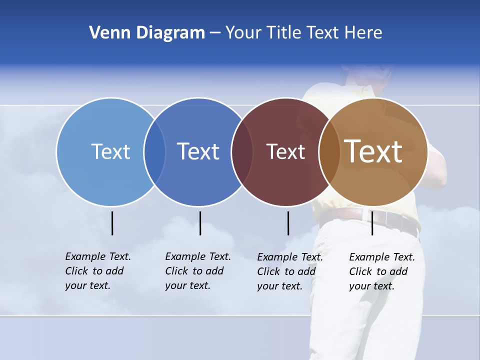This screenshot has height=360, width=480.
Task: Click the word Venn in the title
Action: (x=104, y=33)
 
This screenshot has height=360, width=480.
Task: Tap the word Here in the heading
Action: (x=363, y=33)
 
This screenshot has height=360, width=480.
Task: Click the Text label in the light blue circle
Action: (x=110, y=151)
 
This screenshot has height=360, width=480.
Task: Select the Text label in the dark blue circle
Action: (x=198, y=151)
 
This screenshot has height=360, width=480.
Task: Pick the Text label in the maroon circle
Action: (x=285, y=151)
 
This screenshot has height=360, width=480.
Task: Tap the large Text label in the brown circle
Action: (x=373, y=151)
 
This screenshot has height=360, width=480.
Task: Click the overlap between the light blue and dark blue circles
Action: (x=154, y=152)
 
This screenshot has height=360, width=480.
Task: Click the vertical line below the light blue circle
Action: (x=112, y=223)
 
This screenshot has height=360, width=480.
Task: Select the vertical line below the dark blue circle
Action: (x=200, y=223)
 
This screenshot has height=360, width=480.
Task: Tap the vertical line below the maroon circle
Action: (x=288, y=223)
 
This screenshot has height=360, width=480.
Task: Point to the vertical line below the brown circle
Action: (x=372, y=223)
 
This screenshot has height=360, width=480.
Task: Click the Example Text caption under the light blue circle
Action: (x=97, y=271)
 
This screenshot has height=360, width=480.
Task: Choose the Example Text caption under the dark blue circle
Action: (x=197, y=271)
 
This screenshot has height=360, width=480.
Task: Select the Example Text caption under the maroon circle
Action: (x=289, y=271)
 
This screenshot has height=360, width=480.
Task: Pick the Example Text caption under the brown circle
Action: (x=381, y=271)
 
